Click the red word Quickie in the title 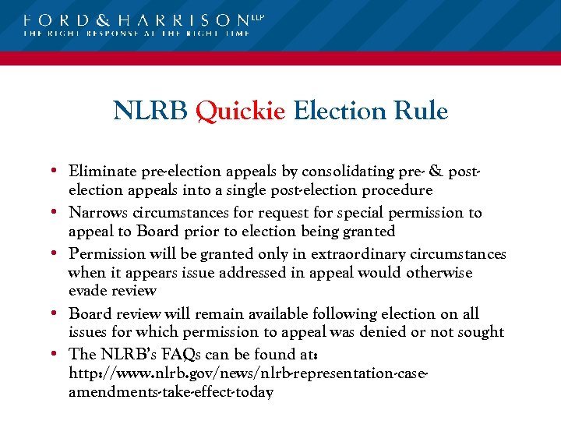click(241, 111)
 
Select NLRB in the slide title click(150, 111)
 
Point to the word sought click(483, 332)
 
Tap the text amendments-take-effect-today click(171, 392)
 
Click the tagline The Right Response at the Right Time click(137, 34)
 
